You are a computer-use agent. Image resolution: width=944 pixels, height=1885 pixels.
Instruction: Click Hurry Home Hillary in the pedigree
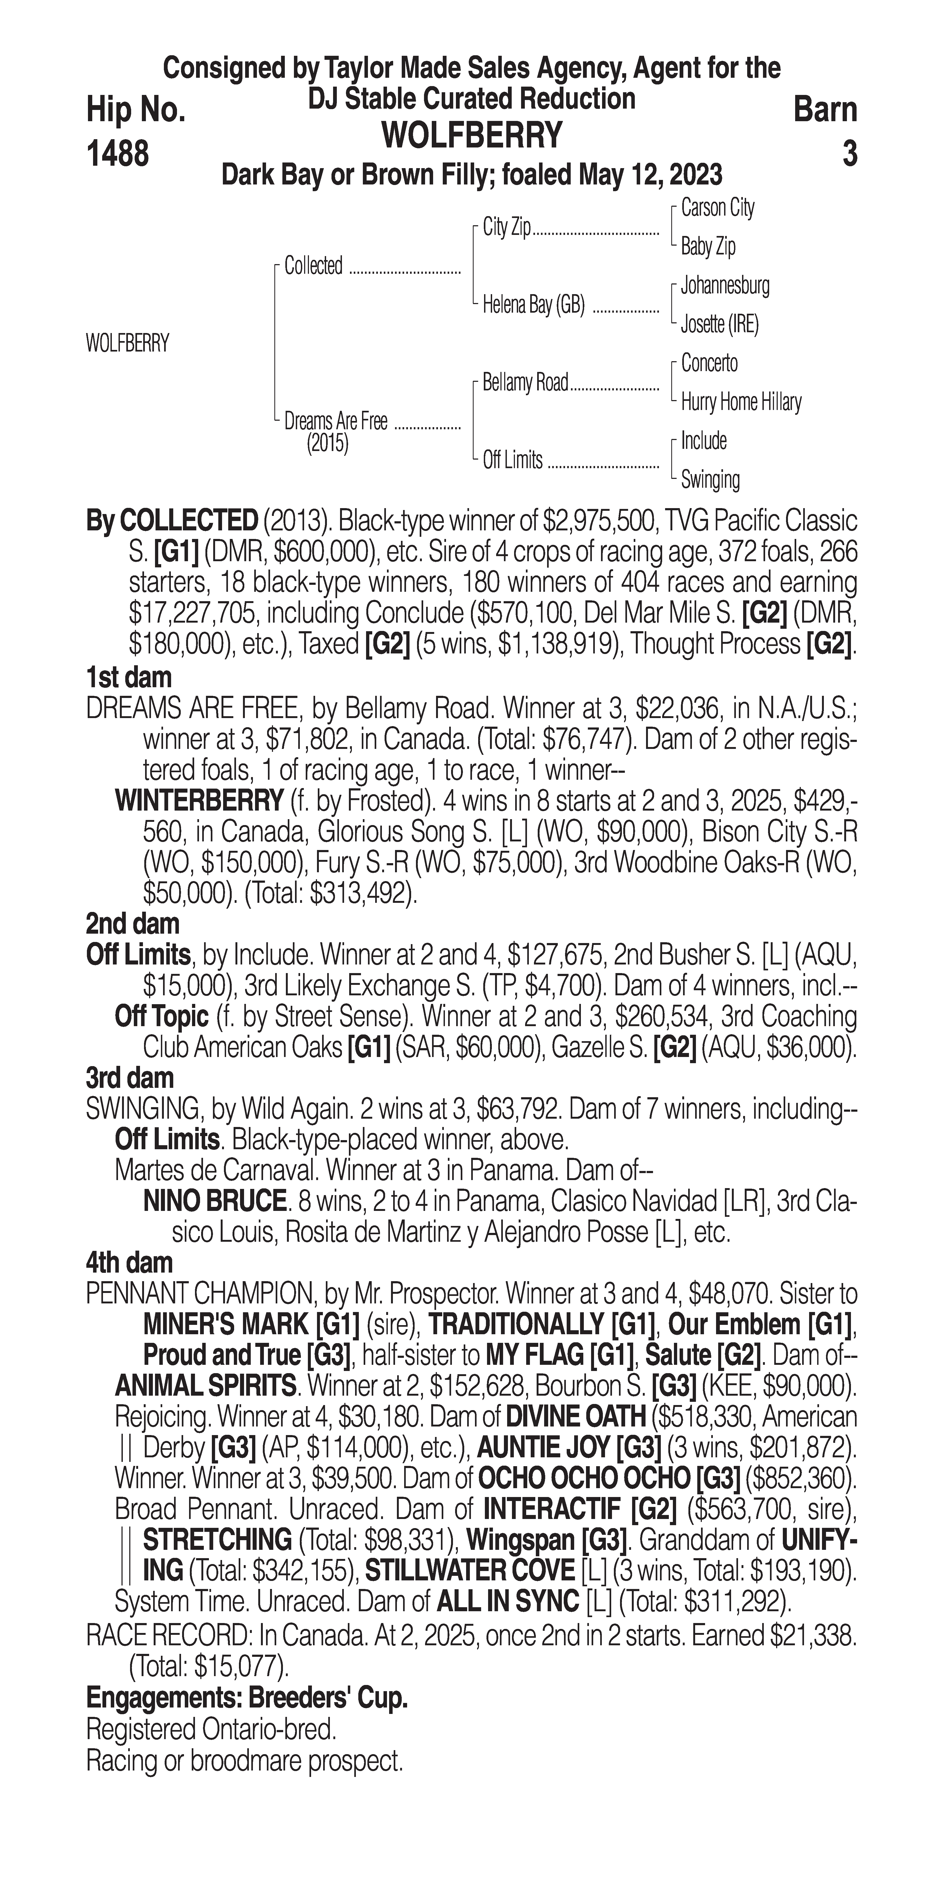coord(740,402)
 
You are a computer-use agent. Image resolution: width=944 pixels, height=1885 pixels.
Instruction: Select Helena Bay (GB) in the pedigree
coord(533,304)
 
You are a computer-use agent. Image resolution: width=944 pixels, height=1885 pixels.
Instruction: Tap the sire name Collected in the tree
coord(313,266)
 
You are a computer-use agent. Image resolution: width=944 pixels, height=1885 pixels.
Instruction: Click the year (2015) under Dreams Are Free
coord(327,443)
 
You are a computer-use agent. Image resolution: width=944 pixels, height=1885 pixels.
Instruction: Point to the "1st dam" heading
coord(129,677)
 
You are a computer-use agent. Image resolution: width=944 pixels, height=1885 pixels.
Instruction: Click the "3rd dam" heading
coord(130,1078)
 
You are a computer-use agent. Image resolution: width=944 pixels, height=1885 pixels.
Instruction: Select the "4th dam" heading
coord(130,1262)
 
